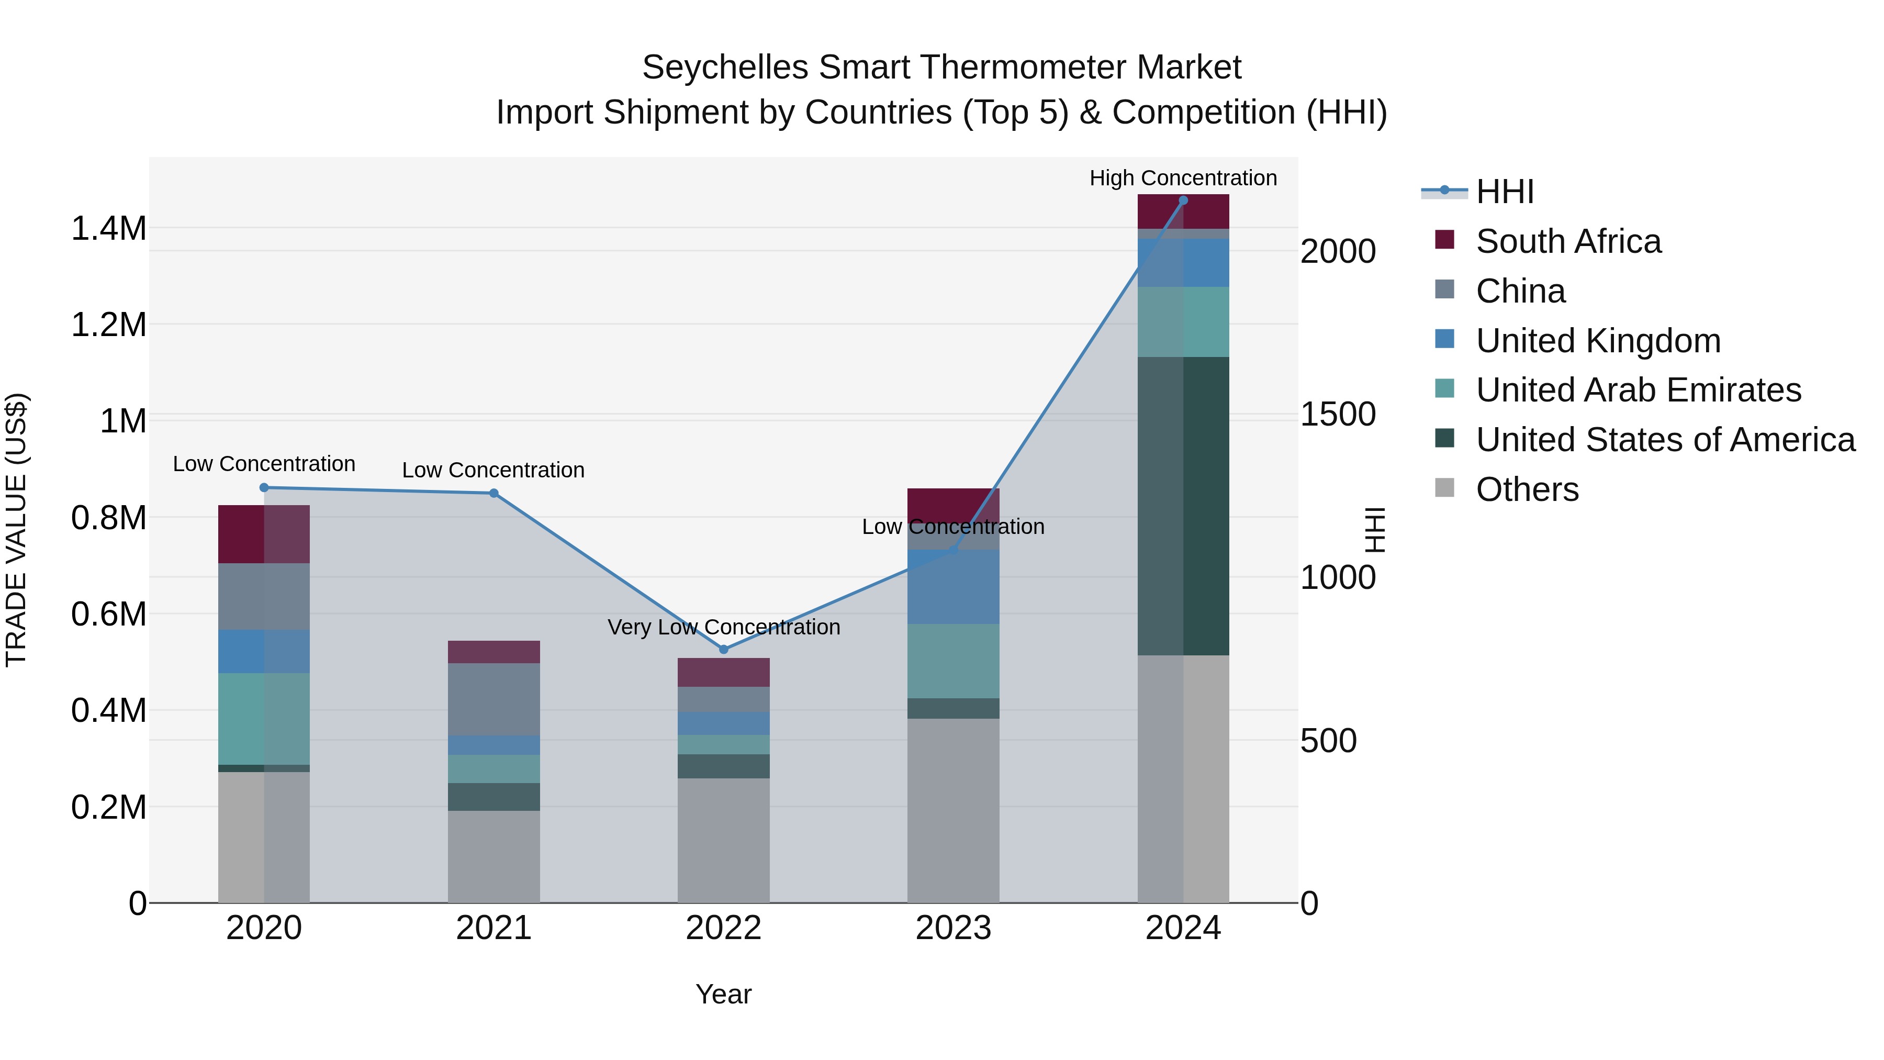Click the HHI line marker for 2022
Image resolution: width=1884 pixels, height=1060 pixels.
pos(723,649)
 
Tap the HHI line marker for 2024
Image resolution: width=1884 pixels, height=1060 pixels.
pos(1183,200)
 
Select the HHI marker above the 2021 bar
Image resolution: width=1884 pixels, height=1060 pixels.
pos(494,493)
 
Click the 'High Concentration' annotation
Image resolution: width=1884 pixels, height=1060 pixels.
pos(1183,178)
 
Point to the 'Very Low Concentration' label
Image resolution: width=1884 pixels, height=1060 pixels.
pos(723,627)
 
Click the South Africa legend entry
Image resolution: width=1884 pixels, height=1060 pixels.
pos(1568,241)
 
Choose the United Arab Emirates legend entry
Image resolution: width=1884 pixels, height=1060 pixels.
pos(1638,390)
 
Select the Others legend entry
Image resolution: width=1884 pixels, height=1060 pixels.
pos(1527,489)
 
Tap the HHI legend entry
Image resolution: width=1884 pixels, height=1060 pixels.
pos(1505,192)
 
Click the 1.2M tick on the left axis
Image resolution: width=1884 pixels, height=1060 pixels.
pos(108,324)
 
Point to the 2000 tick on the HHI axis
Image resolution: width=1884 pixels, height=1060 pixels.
pos(1338,252)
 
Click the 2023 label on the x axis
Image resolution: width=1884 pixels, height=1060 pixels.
pos(953,928)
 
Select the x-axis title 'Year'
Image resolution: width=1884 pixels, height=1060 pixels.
pos(723,994)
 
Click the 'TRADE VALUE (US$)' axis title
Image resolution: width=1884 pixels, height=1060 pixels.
pos(16,530)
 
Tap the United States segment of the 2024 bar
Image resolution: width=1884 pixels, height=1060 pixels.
pos(1183,506)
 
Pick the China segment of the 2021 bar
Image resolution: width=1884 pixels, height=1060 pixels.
pos(494,699)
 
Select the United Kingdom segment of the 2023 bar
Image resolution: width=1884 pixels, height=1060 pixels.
pos(953,587)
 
